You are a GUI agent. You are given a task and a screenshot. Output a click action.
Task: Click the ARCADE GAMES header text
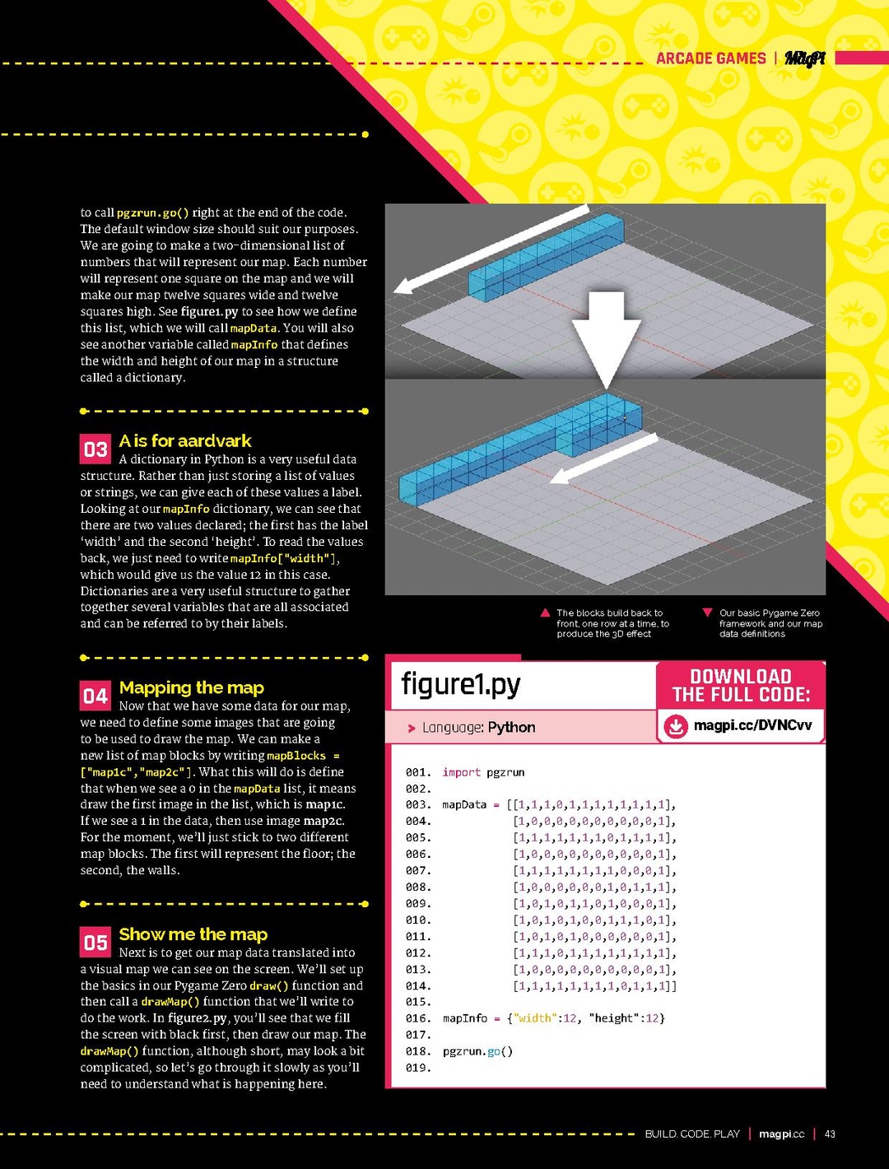pos(710,58)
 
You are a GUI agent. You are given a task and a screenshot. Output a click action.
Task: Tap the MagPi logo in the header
pos(804,58)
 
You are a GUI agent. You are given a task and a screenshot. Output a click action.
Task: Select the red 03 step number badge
pos(95,449)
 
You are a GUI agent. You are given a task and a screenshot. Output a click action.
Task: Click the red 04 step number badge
pos(95,696)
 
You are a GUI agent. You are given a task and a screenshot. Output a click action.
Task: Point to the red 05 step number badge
pos(95,943)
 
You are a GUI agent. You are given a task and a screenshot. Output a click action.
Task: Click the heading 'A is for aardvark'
pos(185,441)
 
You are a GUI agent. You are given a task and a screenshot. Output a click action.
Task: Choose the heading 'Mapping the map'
pos(192,687)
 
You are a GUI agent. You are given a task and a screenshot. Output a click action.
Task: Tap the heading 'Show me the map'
pos(193,934)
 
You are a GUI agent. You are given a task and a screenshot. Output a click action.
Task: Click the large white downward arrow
pos(607,338)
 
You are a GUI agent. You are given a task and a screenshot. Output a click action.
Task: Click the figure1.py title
pos(461,684)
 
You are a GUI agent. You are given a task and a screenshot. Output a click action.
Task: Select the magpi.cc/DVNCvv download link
pos(752,725)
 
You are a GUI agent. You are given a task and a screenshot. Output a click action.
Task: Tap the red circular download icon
pos(676,726)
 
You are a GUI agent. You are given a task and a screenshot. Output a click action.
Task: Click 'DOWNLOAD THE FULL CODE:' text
pos(741,686)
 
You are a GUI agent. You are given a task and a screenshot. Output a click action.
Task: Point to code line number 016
pos(417,1018)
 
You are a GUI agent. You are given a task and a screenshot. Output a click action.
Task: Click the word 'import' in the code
pos(461,772)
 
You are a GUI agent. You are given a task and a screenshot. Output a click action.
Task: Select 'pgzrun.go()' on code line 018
pos(477,1051)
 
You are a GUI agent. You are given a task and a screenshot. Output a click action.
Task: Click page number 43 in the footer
pos(830,1134)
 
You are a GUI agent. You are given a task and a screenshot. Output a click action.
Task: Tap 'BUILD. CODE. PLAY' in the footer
pos(692,1134)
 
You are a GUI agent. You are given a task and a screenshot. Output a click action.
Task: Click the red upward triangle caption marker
pos(545,612)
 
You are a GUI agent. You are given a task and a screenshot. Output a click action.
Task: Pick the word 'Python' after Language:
pos(511,727)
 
